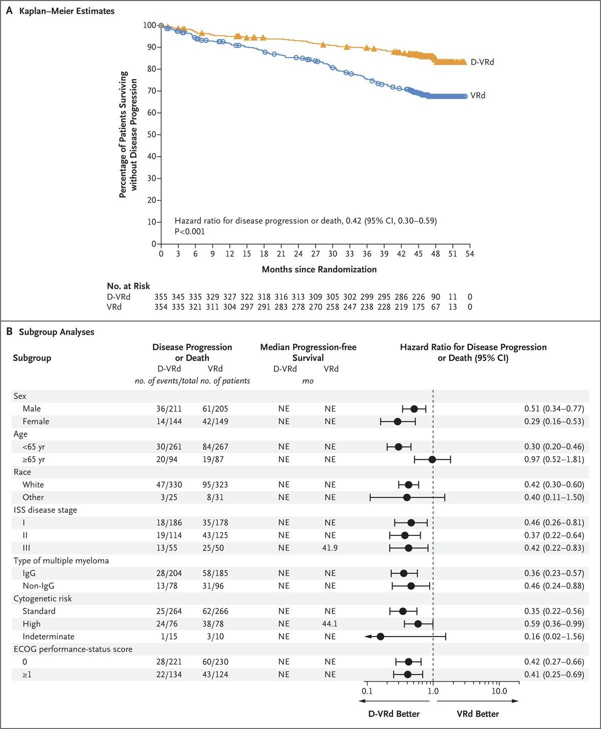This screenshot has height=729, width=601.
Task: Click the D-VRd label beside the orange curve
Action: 482,62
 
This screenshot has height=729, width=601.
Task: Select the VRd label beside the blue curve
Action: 478,96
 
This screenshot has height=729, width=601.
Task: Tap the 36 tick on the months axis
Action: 367,254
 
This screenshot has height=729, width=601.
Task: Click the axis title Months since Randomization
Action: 319,269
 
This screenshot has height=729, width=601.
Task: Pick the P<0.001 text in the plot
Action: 190,232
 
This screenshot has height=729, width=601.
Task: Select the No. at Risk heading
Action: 128,286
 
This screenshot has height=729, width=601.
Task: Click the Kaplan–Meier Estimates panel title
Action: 67,11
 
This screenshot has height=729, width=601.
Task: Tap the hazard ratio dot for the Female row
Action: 397,421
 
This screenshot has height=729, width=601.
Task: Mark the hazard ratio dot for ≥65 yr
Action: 432,459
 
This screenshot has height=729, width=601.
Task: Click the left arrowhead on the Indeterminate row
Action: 368,636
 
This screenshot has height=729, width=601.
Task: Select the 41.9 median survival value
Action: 330,548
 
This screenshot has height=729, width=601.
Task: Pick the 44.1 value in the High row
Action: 330,624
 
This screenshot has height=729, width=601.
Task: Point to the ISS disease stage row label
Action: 45,510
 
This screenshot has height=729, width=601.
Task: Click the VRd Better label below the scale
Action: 477,714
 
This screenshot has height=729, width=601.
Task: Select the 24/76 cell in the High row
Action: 169,624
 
